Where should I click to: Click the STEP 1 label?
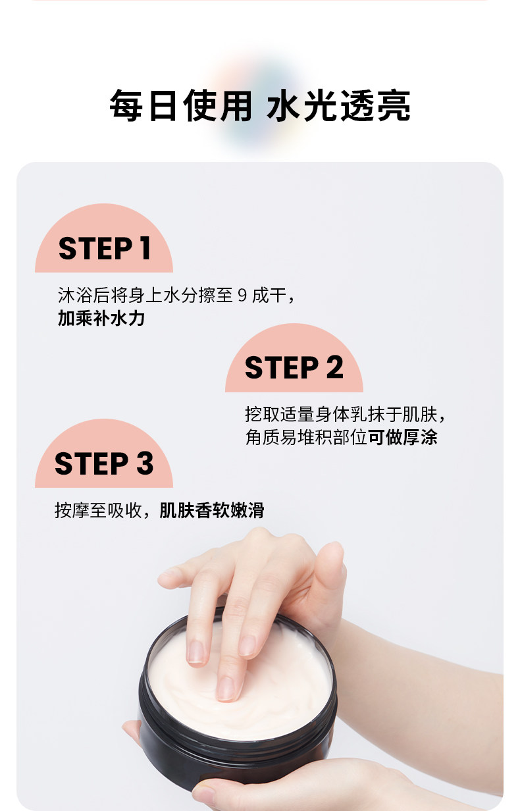pos(104,248)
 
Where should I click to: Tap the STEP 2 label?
pos(294,367)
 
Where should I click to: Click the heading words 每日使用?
pos(181,105)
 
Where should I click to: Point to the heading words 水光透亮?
pos(338,105)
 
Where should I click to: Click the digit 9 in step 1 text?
pos(242,296)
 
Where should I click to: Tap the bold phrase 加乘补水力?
pos(101,318)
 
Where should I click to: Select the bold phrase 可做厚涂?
pos(403,437)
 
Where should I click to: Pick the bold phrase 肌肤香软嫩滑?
pos(212,510)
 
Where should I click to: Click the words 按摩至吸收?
pos(98,510)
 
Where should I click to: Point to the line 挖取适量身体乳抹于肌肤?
pos(341,414)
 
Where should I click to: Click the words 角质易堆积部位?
pos(306,437)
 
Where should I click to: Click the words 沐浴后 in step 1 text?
pos(84,296)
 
